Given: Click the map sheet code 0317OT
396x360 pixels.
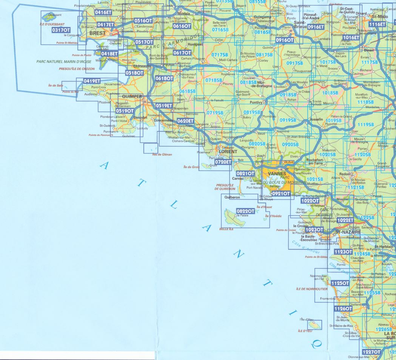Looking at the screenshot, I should (x=61, y=30).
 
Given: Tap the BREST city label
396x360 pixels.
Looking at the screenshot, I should (x=97, y=33).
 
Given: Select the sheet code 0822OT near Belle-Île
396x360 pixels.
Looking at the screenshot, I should (x=245, y=211).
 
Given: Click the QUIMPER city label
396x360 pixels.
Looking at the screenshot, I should (x=132, y=96).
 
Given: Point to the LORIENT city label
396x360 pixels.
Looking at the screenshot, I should (x=228, y=151).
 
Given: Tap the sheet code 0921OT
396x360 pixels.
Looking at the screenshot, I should (x=281, y=194).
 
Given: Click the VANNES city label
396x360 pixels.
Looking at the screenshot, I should (x=276, y=174).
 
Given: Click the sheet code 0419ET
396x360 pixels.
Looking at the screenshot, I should (x=92, y=81).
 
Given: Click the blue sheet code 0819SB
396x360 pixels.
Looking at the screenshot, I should (x=252, y=112).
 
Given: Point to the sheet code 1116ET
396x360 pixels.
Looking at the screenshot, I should (x=377, y=25).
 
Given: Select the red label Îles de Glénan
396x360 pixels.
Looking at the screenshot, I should (x=162, y=154).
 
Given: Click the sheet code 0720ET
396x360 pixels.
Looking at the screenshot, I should (x=222, y=162).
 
